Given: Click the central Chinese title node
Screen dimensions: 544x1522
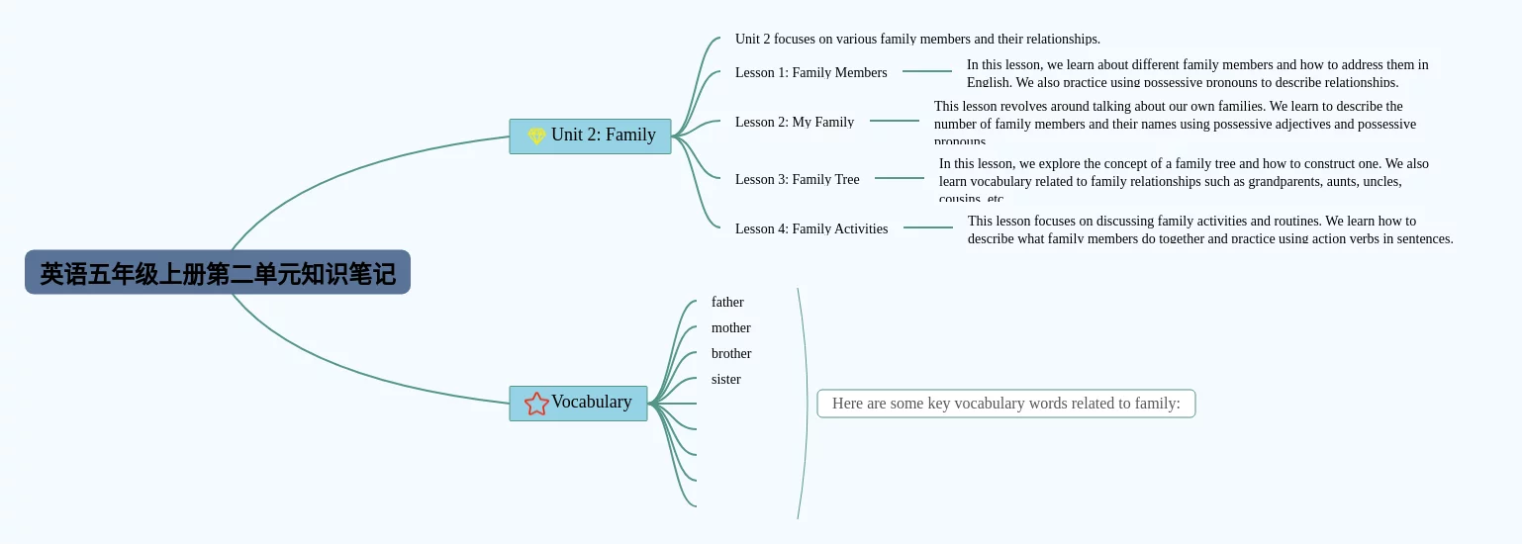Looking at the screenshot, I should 218,273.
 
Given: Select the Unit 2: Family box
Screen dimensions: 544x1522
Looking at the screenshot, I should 591,136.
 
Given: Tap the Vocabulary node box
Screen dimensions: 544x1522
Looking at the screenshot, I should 579,403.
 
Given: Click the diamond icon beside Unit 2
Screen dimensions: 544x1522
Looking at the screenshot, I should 536,136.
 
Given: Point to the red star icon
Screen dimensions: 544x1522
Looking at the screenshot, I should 536,404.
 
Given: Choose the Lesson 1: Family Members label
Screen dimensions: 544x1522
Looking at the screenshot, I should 810,72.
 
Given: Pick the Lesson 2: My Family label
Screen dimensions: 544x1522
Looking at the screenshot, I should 794,122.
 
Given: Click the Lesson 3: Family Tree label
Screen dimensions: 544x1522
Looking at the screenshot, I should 797,179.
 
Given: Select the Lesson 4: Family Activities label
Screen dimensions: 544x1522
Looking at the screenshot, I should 810,228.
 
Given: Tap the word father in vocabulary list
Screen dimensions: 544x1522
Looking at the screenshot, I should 727,302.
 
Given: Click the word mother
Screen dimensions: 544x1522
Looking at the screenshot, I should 730,327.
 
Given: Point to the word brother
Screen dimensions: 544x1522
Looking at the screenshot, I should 731,353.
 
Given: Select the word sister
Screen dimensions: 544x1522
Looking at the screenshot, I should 725,379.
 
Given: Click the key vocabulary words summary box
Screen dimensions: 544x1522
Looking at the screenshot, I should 1005,404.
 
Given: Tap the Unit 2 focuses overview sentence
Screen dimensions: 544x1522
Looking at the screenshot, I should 916,40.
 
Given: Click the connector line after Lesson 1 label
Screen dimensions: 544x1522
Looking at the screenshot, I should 926,71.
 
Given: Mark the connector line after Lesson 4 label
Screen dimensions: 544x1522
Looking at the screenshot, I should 927,227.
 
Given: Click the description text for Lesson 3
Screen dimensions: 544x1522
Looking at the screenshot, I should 1184,180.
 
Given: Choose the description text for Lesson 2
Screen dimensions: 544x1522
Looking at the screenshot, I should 1175,123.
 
